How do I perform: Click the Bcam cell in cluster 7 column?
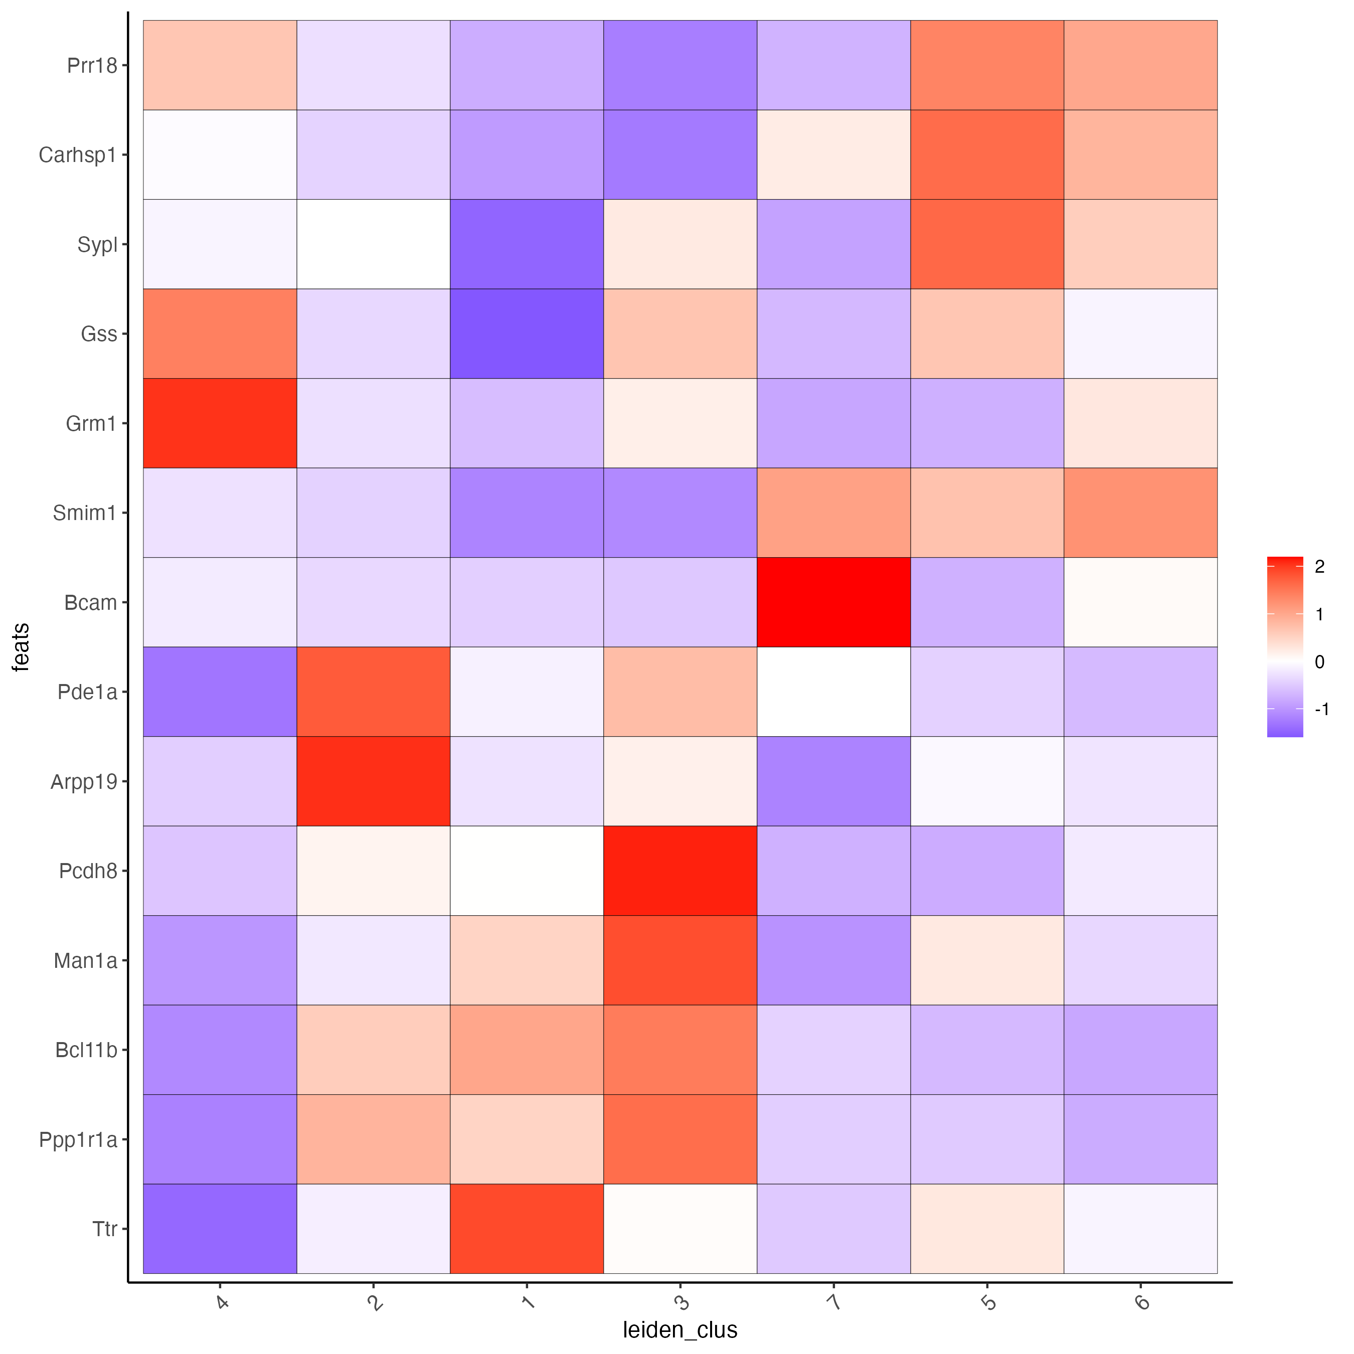click(833, 602)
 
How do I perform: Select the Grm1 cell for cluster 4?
click(220, 423)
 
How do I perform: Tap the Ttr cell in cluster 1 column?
click(527, 1229)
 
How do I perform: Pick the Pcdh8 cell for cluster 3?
click(680, 871)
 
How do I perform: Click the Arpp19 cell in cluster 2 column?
click(373, 781)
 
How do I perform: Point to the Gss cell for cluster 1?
click(527, 333)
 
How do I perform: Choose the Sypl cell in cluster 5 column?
click(987, 244)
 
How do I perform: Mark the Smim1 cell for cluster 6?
click(1140, 513)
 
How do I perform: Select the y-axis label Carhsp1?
click(77, 155)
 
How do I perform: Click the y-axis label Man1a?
click(85, 961)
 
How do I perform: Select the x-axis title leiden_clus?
click(680, 1329)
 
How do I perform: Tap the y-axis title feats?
click(21, 647)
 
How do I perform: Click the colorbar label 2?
click(1320, 567)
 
